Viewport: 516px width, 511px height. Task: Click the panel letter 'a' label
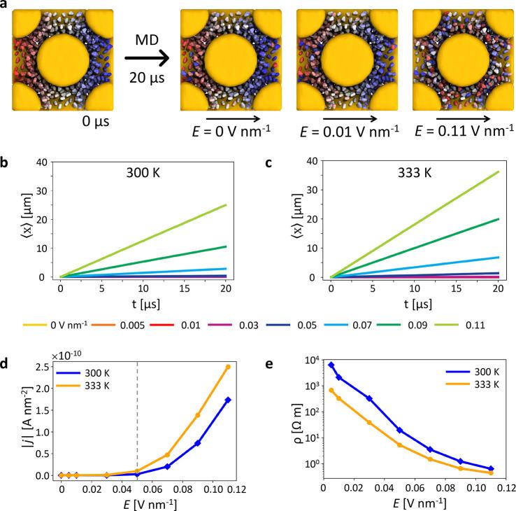point(6,6)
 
